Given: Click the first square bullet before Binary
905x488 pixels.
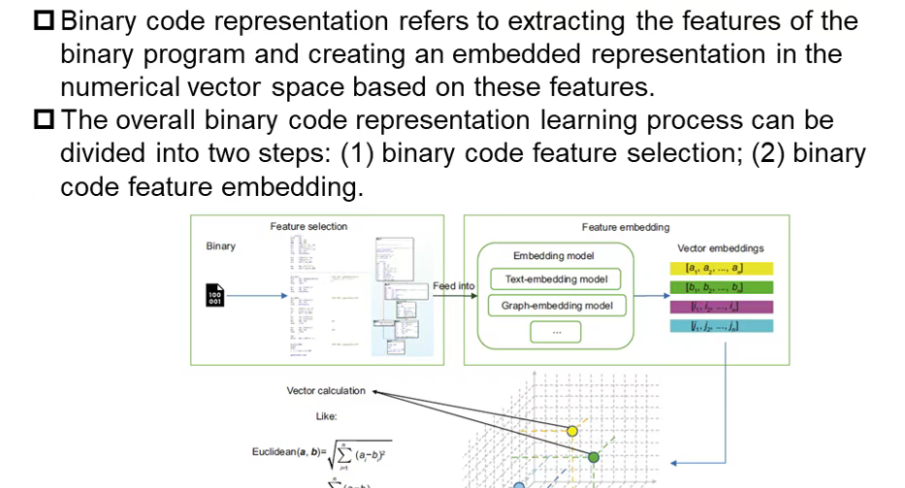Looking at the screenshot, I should (47, 21).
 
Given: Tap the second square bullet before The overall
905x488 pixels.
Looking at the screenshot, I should (47, 121).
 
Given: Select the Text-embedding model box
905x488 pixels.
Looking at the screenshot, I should (556, 279).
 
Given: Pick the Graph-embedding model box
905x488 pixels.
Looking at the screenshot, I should (556, 306).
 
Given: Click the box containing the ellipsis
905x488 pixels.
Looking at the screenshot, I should (556, 332).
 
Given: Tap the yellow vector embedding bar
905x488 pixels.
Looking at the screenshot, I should (722, 267).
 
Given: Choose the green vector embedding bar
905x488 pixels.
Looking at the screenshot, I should (722, 287).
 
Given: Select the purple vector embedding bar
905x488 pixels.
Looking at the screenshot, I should (722, 308).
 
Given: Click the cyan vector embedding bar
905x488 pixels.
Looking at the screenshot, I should (722, 327).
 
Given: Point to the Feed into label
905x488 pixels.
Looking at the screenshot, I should (454, 286).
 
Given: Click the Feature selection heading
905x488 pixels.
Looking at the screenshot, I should (308, 227).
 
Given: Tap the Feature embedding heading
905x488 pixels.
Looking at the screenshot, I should (626, 227).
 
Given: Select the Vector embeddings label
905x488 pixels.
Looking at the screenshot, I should (721, 248).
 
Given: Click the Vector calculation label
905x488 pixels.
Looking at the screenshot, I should (326, 391).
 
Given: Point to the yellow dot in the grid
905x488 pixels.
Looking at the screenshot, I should (572, 430).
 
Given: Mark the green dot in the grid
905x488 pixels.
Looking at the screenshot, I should (595, 457).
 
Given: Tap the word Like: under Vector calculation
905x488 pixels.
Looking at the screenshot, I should (326, 416).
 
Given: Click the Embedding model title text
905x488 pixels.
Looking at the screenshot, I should (553, 255).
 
